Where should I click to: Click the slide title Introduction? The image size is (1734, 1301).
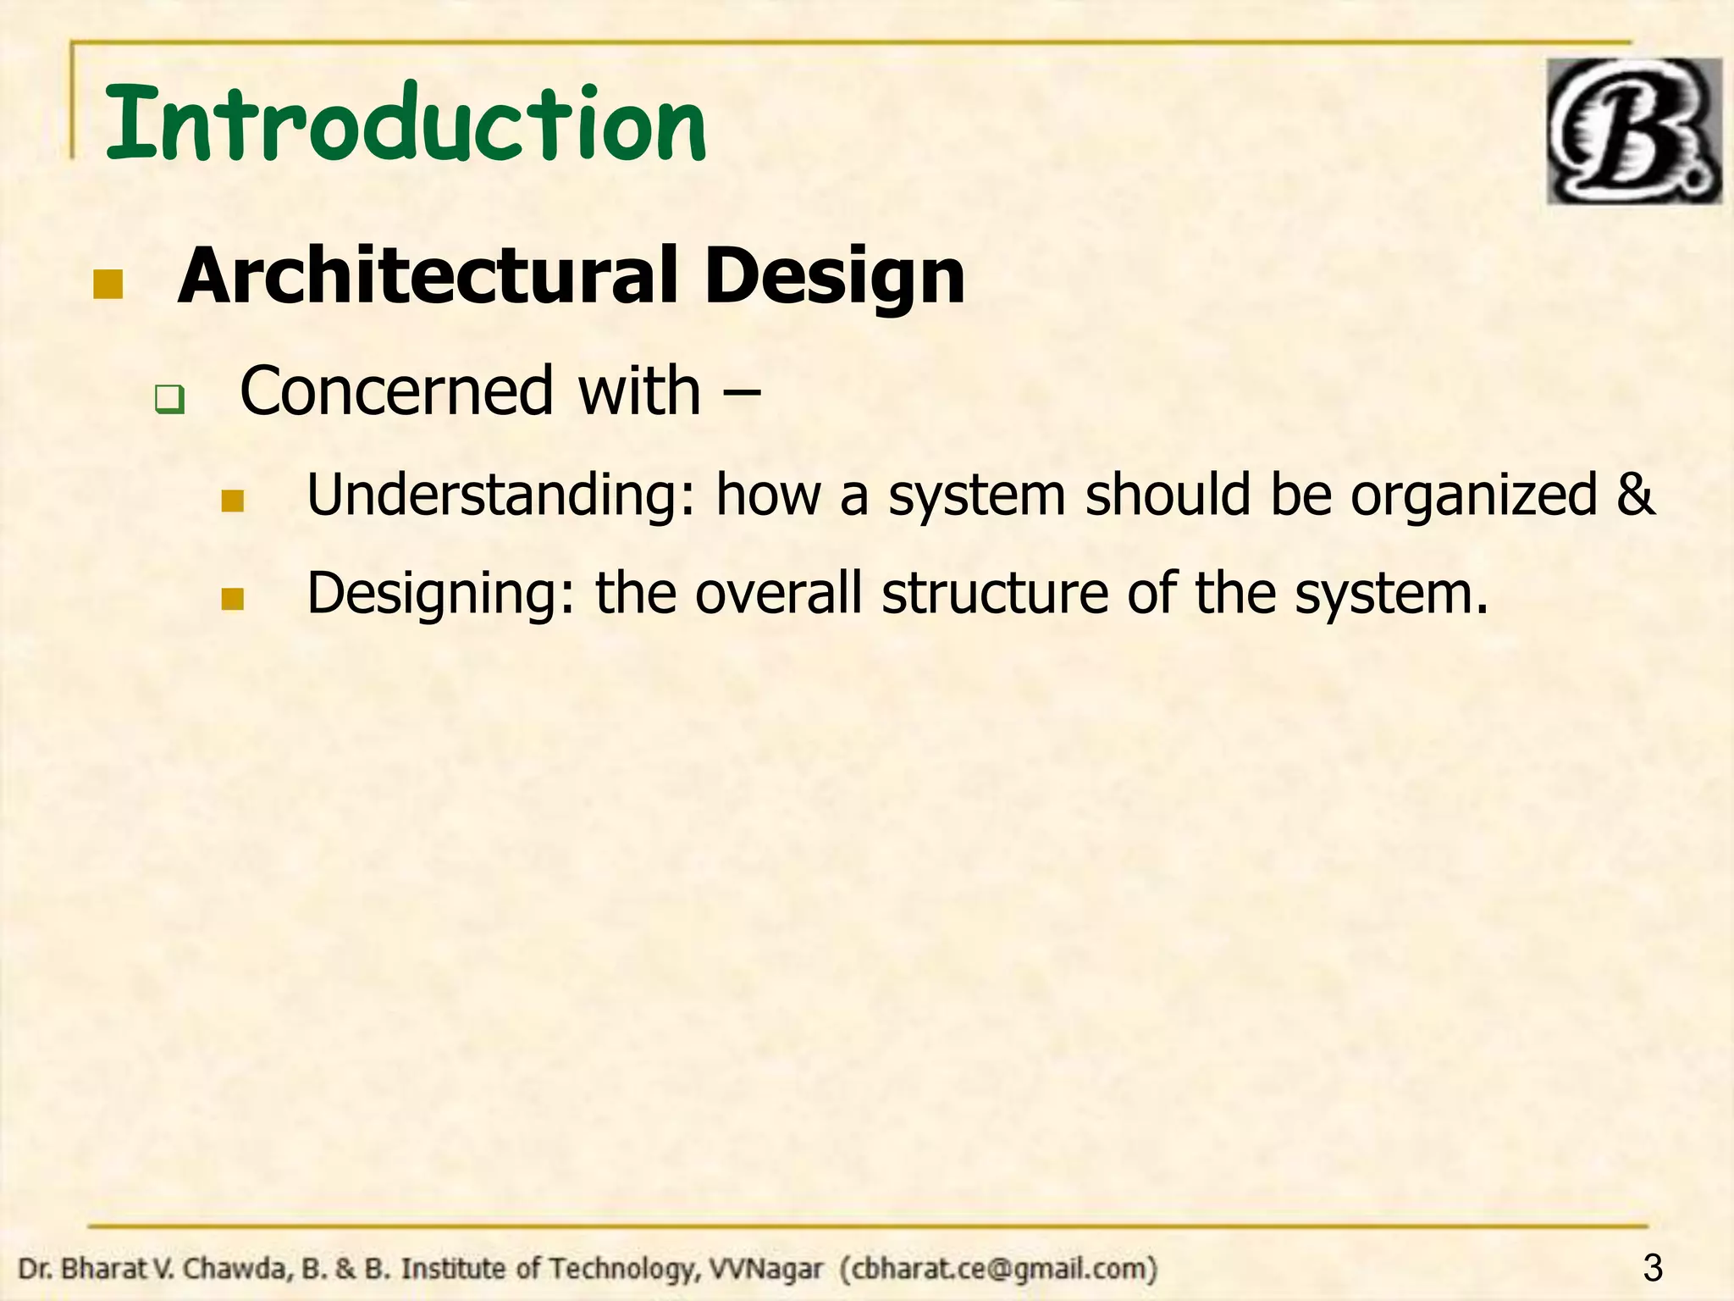[405, 125]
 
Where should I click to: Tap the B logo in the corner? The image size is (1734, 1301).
[1632, 131]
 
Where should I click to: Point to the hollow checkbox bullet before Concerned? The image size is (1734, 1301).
[169, 399]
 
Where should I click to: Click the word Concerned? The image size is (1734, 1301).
[395, 391]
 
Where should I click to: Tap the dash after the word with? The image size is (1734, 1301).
[743, 393]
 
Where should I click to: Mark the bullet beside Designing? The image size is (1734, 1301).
[232, 600]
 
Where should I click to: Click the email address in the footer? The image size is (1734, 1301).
[998, 1269]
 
